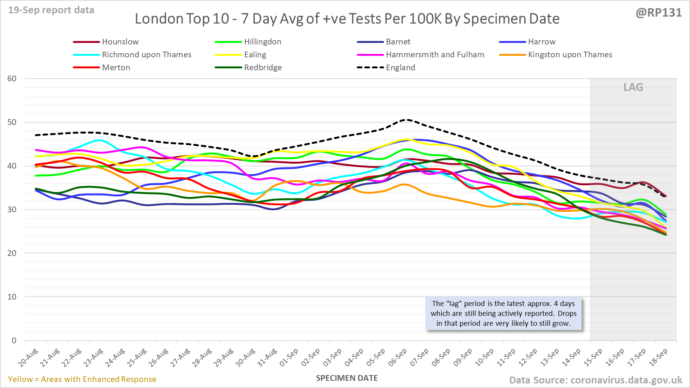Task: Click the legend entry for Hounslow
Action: pyautogui.click(x=120, y=42)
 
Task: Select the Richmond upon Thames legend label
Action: pyautogui.click(x=146, y=55)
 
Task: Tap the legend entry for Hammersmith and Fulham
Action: pyautogui.click(x=435, y=55)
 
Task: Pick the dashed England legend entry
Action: pyautogui.click(x=400, y=68)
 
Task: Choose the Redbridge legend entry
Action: pyautogui.click(x=263, y=68)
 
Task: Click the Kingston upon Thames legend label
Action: pyautogui.click(x=570, y=55)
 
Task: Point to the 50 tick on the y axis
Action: pyautogui.click(x=12, y=122)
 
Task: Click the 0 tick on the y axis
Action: pyautogui.click(x=14, y=341)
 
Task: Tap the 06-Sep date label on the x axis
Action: pyautogui.click(x=398, y=358)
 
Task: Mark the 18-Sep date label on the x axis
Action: pyautogui.click(x=658, y=358)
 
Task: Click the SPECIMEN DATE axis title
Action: pyautogui.click(x=347, y=378)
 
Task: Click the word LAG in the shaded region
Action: pyautogui.click(x=633, y=87)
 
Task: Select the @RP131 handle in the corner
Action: pyautogui.click(x=659, y=13)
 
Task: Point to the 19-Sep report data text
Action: pyautogui.click(x=51, y=10)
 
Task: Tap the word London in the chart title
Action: pyautogui.click(x=154, y=19)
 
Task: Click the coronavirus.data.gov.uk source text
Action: pyautogui.click(x=626, y=380)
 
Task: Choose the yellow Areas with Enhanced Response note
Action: pyautogui.click(x=82, y=379)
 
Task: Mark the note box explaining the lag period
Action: pyautogui.click(x=503, y=314)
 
